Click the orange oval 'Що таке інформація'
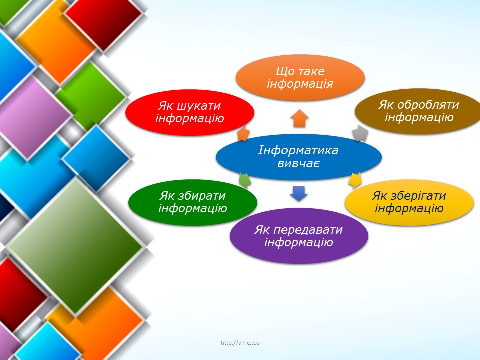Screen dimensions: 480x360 tap(300, 78)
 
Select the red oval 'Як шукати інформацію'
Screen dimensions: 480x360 tap(190, 112)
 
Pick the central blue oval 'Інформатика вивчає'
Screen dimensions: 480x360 tap(299, 157)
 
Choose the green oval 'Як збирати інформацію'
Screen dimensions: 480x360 tap(193, 202)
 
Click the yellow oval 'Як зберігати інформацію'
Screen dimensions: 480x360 tap(409, 202)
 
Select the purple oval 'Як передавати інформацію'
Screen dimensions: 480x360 tap(299, 236)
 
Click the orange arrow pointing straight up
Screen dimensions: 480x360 tap(299, 118)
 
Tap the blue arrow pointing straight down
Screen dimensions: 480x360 tap(299, 194)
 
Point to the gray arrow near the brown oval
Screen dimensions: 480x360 tap(360, 133)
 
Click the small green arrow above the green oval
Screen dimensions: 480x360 tap(245, 180)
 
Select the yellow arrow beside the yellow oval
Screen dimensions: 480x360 tap(355, 180)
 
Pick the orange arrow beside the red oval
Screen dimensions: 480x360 tap(243, 134)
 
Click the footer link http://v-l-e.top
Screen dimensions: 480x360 tap(240, 343)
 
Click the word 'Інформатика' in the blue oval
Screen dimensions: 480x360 tap(298, 150)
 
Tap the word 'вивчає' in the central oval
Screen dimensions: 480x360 tap(298, 164)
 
